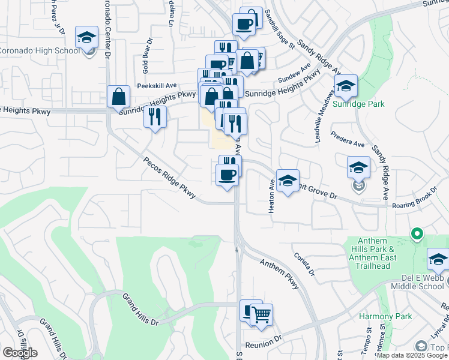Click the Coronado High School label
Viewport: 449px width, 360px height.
click(x=39, y=50)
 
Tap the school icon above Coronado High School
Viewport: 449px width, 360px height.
click(x=87, y=38)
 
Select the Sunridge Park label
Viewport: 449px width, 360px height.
click(x=359, y=103)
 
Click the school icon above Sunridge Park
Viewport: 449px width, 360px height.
click(x=346, y=86)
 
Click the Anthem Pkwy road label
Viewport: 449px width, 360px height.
click(x=279, y=274)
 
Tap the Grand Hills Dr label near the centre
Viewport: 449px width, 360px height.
click(x=140, y=309)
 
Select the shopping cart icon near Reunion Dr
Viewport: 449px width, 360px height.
click(x=261, y=314)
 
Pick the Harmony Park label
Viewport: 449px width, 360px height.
click(x=385, y=316)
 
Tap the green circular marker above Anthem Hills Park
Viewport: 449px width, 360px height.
click(x=415, y=233)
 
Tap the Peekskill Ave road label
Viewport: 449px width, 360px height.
click(x=156, y=86)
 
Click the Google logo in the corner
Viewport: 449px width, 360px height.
click(x=19, y=352)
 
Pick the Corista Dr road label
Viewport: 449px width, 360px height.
click(x=304, y=263)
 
